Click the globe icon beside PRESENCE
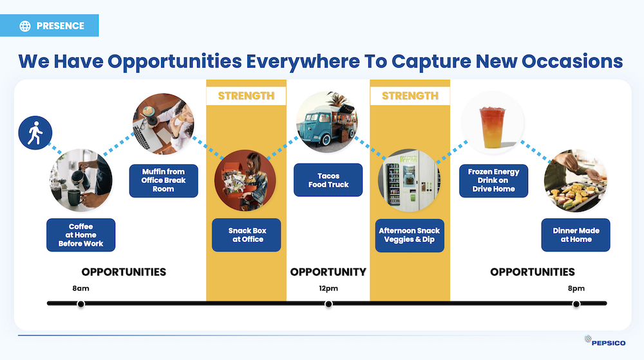point(25,26)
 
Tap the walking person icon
point(35,133)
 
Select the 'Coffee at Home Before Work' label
point(81,235)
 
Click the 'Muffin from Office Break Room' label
point(164,180)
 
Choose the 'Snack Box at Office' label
point(247,235)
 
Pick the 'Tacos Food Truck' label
point(328,180)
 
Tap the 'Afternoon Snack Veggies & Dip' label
point(410,235)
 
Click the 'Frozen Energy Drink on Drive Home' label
point(493,180)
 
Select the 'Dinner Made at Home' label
point(576,235)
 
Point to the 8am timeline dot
point(81,304)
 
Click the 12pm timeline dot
point(328,304)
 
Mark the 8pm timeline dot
point(576,304)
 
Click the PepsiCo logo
point(605,341)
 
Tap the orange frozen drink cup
point(492,127)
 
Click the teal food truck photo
point(327,122)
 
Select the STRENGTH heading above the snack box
point(246,96)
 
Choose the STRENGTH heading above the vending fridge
point(410,96)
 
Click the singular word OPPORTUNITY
point(328,272)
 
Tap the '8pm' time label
point(576,288)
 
